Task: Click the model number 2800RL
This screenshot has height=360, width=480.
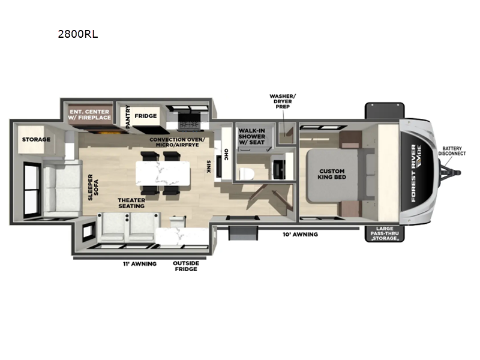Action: tap(78, 34)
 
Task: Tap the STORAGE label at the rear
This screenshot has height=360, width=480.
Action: tap(36, 140)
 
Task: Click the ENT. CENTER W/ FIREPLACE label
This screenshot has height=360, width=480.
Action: tap(89, 115)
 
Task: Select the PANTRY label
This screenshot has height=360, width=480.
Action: tap(128, 116)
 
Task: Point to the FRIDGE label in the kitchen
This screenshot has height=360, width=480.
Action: tap(146, 116)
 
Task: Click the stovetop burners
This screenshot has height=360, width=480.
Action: tap(189, 124)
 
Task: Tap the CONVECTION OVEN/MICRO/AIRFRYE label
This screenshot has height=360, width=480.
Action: tap(177, 142)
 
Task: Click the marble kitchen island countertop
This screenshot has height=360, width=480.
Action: tap(163, 173)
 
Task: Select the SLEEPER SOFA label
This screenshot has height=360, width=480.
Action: tap(94, 187)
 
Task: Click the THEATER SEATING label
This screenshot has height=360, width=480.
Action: tap(131, 203)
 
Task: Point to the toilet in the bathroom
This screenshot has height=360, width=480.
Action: tap(247, 173)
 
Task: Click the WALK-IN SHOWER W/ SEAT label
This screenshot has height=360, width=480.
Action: tap(251, 136)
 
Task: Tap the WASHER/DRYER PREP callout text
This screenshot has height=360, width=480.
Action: tap(283, 101)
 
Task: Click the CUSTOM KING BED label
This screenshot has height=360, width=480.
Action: tap(332, 174)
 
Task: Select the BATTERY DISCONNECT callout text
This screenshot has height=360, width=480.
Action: tap(452, 151)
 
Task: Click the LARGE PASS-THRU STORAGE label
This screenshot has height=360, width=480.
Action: tap(385, 233)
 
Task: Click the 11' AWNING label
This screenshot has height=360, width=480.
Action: tap(140, 264)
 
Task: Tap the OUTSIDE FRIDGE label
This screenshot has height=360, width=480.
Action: tap(186, 266)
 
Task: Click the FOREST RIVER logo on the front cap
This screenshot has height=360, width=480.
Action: tap(414, 173)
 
